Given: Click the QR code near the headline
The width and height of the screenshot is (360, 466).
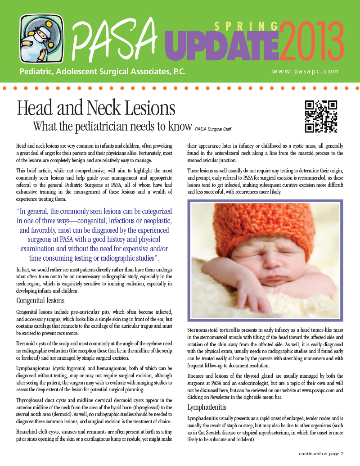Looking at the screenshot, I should point(321,116).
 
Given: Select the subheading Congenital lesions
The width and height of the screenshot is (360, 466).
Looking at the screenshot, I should point(40,300).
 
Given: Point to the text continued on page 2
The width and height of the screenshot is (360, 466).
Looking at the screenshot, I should point(321,453).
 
